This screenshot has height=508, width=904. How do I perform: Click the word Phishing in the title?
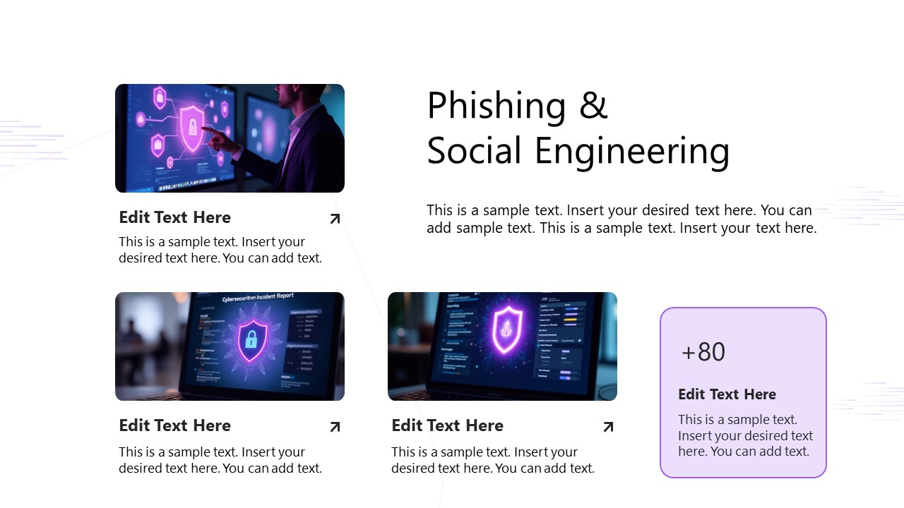click(x=496, y=106)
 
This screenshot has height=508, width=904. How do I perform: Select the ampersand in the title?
click(x=593, y=106)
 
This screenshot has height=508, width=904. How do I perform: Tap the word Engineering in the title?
click(x=632, y=152)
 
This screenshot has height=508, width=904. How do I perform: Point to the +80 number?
click(x=703, y=352)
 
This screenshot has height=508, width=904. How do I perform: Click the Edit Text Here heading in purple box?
click(x=727, y=394)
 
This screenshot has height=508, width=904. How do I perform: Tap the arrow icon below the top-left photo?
click(x=335, y=219)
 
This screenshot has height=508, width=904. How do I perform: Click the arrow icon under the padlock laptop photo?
click(x=335, y=427)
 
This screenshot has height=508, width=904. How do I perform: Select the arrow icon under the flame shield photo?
click(x=607, y=427)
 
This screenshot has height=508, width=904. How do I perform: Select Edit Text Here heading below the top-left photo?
click(x=174, y=217)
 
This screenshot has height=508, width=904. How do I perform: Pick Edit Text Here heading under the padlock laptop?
click(x=174, y=425)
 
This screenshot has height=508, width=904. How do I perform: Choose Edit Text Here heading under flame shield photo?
click(x=447, y=425)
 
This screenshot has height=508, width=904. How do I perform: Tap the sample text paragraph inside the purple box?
click(x=745, y=435)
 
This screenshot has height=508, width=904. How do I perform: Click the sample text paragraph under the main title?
click(x=621, y=219)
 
